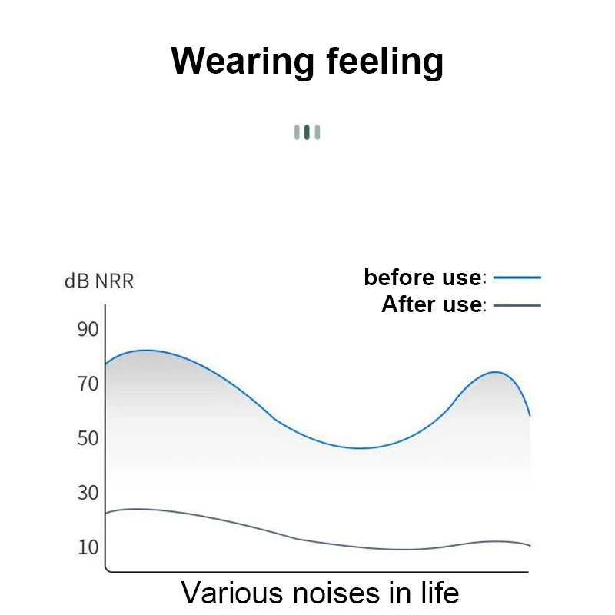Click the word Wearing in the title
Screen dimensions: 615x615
coord(242,61)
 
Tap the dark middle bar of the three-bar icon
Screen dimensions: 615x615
coord(307,132)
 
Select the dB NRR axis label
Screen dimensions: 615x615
coord(99,281)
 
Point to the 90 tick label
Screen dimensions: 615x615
coord(88,329)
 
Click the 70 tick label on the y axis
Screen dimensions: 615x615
coord(88,384)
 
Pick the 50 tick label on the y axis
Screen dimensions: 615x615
coord(88,438)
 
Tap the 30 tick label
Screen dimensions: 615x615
coord(88,493)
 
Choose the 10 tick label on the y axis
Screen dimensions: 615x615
coord(88,547)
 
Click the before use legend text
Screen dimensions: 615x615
coord(423,278)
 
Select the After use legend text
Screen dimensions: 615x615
coord(431,304)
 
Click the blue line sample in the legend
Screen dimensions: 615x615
coord(517,278)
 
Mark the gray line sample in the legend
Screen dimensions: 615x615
coord(517,305)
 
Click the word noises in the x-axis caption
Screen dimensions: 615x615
coord(337,593)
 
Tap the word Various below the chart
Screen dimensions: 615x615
coord(232,593)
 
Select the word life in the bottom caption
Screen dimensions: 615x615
coord(440,592)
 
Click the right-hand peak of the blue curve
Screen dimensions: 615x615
coord(496,372)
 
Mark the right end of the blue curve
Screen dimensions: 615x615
coord(530,415)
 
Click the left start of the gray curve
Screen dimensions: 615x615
coord(106,513)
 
